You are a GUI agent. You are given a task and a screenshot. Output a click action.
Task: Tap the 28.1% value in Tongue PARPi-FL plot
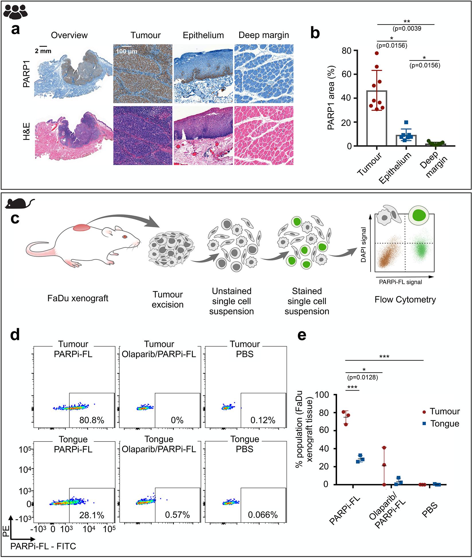[x=92, y=515]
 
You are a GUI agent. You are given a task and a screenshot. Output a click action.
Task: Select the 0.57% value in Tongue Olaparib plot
[x=177, y=515]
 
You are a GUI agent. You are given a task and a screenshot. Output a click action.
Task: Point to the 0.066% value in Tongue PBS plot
[x=263, y=515]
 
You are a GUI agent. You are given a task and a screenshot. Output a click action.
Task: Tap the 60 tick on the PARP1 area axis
[x=347, y=74]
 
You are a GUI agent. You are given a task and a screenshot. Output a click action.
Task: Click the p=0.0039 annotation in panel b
[x=406, y=29]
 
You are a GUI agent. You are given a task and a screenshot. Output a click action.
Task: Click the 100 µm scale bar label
[x=127, y=52]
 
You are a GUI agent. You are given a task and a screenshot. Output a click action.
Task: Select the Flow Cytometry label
[x=405, y=300]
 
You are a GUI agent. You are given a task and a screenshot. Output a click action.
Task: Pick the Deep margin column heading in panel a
[x=264, y=35]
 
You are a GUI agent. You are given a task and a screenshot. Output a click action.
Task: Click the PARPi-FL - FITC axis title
[x=43, y=546]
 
